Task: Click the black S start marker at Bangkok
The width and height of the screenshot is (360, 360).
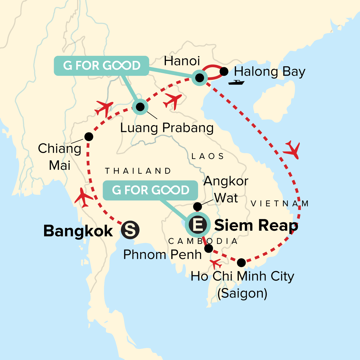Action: tap(130, 230)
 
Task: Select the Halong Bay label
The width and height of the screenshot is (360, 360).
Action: tap(269, 72)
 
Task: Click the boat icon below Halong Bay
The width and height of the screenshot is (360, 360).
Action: tap(236, 82)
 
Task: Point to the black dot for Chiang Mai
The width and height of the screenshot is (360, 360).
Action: tap(89, 137)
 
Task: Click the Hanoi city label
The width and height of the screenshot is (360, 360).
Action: tap(182, 61)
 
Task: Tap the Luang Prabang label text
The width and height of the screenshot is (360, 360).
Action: tap(167, 128)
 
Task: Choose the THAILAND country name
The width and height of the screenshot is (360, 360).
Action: tap(138, 171)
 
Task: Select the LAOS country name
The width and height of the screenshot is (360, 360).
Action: tap(208, 156)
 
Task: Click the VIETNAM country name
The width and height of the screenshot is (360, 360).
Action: tap(280, 204)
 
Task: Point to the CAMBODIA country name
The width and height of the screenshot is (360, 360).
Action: tap(203, 241)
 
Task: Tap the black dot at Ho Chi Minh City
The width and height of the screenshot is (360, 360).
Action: tap(241, 263)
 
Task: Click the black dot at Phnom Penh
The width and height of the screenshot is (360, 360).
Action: tap(208, 248)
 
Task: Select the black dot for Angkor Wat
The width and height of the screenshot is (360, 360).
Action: tap(197, 206)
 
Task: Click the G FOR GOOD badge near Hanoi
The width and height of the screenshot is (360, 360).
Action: tap(102, 65)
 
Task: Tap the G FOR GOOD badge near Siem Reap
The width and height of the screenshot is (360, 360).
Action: tap(151, 190)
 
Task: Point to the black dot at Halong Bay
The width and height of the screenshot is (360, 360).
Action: tap(224, 71)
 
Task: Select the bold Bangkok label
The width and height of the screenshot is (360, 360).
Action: tap(78, 231)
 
